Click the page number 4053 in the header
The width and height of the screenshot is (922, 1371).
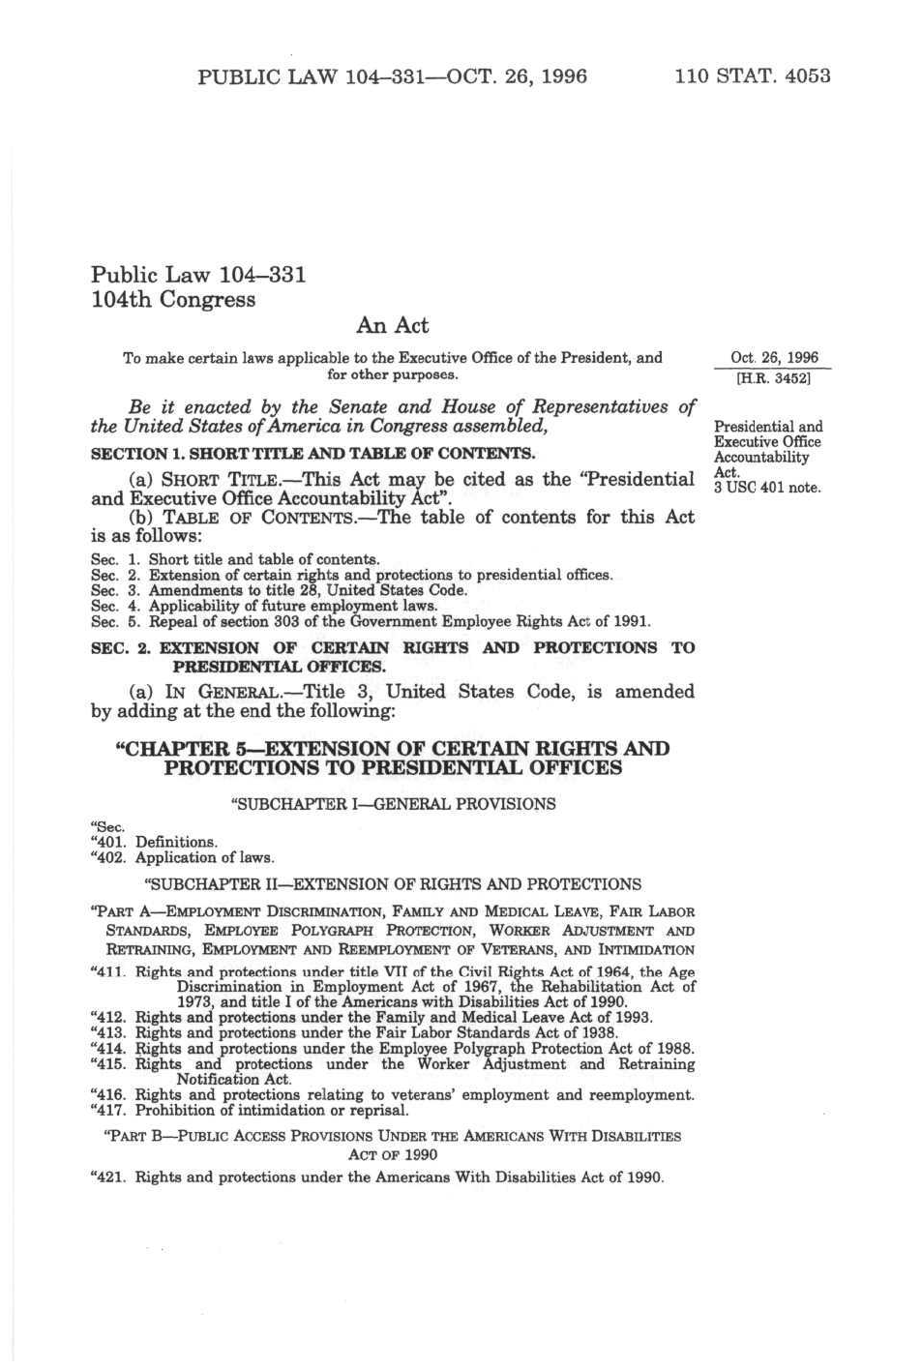point(807,76)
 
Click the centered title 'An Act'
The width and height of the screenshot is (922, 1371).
point(392,325)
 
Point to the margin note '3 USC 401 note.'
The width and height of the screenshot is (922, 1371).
point(766,488)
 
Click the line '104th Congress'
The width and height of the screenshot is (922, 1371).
point(173,299)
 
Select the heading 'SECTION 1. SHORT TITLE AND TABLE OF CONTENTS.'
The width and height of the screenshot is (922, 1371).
point(312,454)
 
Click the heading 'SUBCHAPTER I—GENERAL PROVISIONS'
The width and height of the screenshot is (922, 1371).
point(393,804)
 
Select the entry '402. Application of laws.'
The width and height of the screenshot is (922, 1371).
point(182,857)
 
